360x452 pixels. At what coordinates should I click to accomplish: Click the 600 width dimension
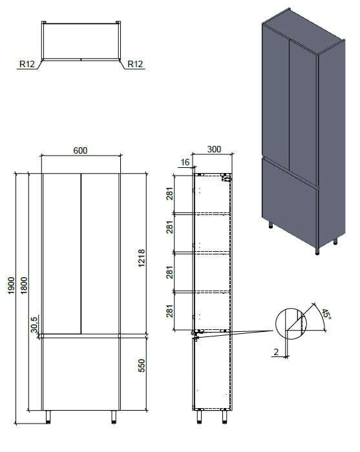[80, 150]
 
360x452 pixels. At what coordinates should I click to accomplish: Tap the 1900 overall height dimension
[11, 285]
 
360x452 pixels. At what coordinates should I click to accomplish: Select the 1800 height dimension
[24, 285]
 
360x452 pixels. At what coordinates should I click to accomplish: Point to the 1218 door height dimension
[142, 258]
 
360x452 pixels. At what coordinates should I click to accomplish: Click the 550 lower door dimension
[142, 365]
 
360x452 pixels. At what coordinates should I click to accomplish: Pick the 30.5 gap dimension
[34, 324]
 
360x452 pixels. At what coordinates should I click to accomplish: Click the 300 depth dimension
[214, 149]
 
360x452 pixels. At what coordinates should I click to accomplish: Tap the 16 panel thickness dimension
[185, 162]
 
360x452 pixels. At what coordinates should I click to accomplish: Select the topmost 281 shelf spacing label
[169, 194]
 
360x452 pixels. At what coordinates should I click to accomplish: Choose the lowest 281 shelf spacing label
[169, 311]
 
